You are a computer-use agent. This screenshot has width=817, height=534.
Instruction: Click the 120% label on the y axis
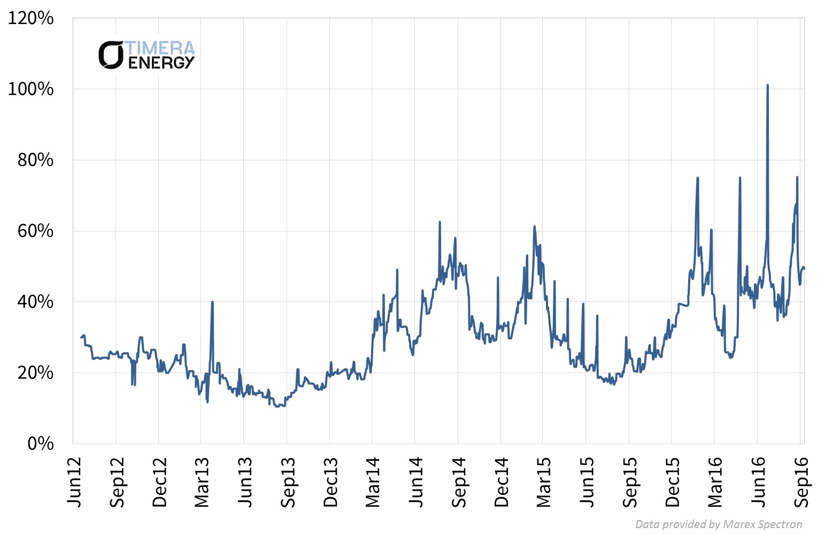[x=30, y=18]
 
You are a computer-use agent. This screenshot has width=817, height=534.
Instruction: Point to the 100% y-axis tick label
[x=30, y=89]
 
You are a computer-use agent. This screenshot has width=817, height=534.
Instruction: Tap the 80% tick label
[x=35, y=160]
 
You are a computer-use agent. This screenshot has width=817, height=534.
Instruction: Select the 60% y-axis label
[x=35, y=231]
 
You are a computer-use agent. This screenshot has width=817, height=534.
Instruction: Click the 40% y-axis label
[x=35, y=302]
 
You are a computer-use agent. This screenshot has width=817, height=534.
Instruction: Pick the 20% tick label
[x=35, y=373]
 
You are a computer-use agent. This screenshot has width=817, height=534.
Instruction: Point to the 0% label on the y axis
[x=40, y=444]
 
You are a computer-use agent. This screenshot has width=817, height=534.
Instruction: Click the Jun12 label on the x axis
[x=74, y=482]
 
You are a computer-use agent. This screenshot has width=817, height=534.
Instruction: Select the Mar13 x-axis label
[x=202, y=482]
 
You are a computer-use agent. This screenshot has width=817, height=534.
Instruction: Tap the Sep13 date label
[x=288, y=482]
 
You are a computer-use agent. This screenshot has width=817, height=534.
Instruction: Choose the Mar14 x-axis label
[x=373, y=482]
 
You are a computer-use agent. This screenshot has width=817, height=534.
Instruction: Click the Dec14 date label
[x=502, y=482]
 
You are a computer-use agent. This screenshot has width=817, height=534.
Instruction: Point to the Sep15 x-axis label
[x=630, y=482]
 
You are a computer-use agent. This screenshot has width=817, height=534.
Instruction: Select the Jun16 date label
[x=758, y=482]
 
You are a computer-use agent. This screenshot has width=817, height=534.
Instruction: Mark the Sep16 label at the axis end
[x=801, y=482]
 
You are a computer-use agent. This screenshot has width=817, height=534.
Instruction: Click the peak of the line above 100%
[x=767, y=85]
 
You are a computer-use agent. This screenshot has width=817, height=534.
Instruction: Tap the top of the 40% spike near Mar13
[x=212, y=302]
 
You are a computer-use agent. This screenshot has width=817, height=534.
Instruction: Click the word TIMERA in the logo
[x=160, y=48]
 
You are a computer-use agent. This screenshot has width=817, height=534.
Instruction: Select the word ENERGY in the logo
[x=161, y=63]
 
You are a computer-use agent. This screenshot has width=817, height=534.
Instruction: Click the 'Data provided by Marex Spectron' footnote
[x=718, y=524]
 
